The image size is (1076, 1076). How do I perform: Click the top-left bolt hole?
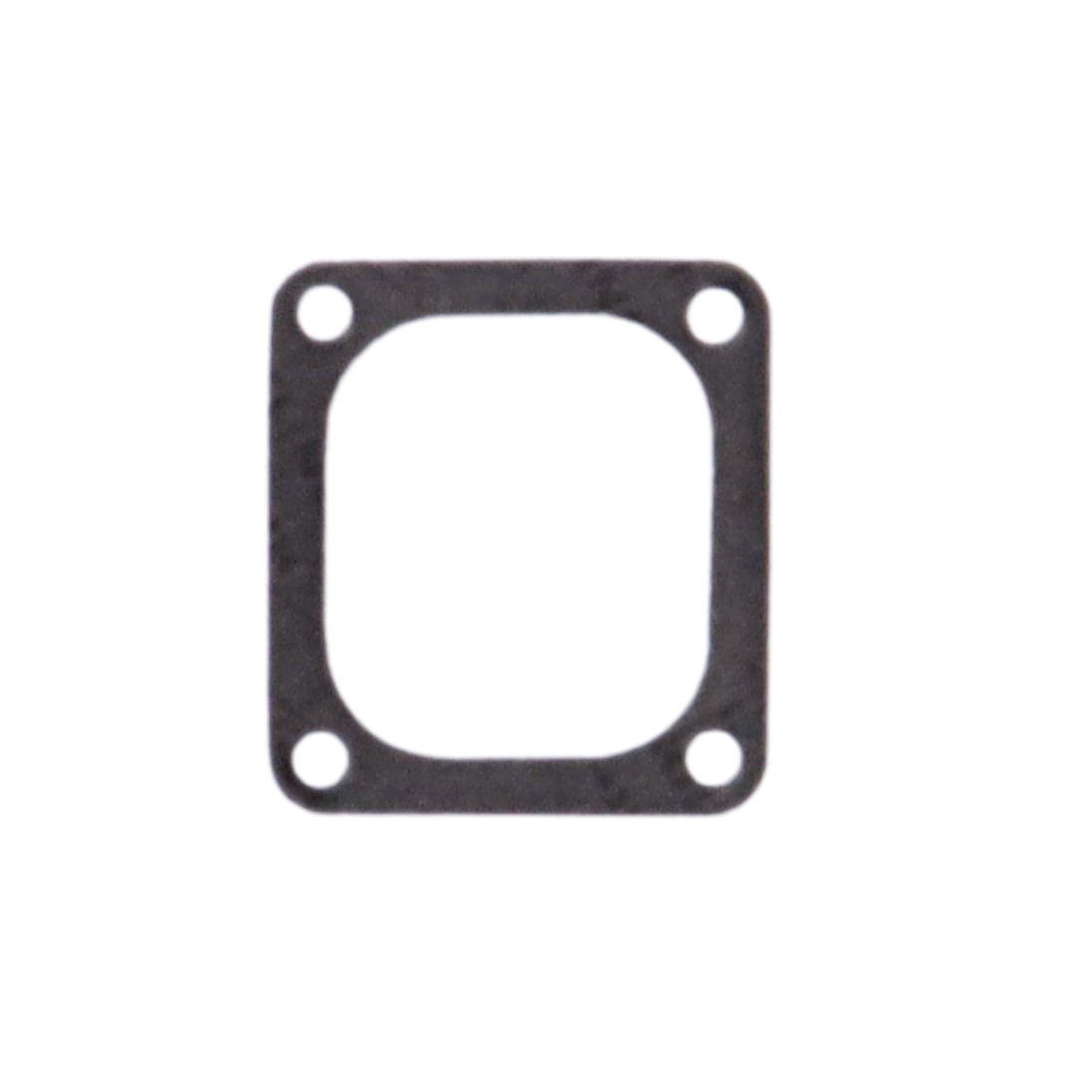click(325, 313)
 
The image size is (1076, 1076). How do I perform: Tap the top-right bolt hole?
click(717, 315)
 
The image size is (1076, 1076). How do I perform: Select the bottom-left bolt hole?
click(320, 760)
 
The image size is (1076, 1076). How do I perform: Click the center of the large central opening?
click(520, 537)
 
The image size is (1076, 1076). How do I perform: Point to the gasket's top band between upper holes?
click(520, 289)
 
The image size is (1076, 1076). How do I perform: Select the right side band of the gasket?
click(742, 537)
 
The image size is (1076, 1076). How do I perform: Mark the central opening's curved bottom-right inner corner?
click(687, 725)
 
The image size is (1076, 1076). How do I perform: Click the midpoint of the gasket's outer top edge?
click(520, 258)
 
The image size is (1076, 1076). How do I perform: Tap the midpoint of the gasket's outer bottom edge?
click(520, 817)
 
